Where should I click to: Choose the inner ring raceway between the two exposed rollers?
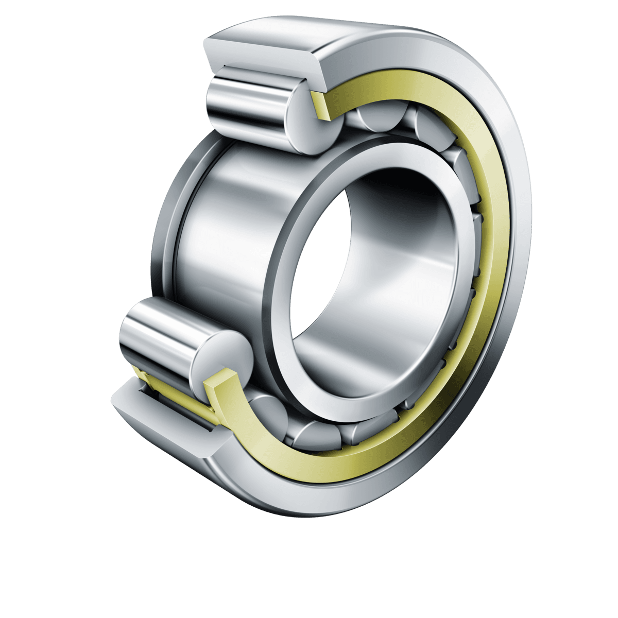[221, 227]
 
